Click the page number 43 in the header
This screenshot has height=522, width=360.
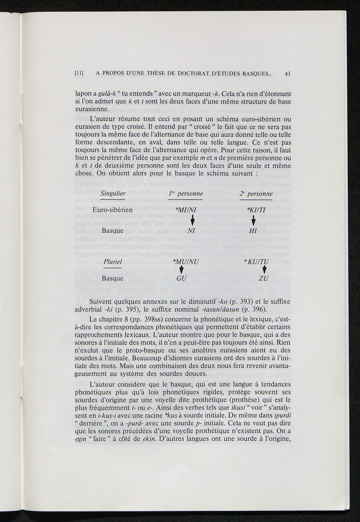click(287, 74)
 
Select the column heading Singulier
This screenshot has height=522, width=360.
click(113, 194)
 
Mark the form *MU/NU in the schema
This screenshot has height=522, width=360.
click(187, 262)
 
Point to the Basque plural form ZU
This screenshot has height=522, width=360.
click(263, 279)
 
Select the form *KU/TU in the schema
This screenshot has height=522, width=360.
click(256, 262)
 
